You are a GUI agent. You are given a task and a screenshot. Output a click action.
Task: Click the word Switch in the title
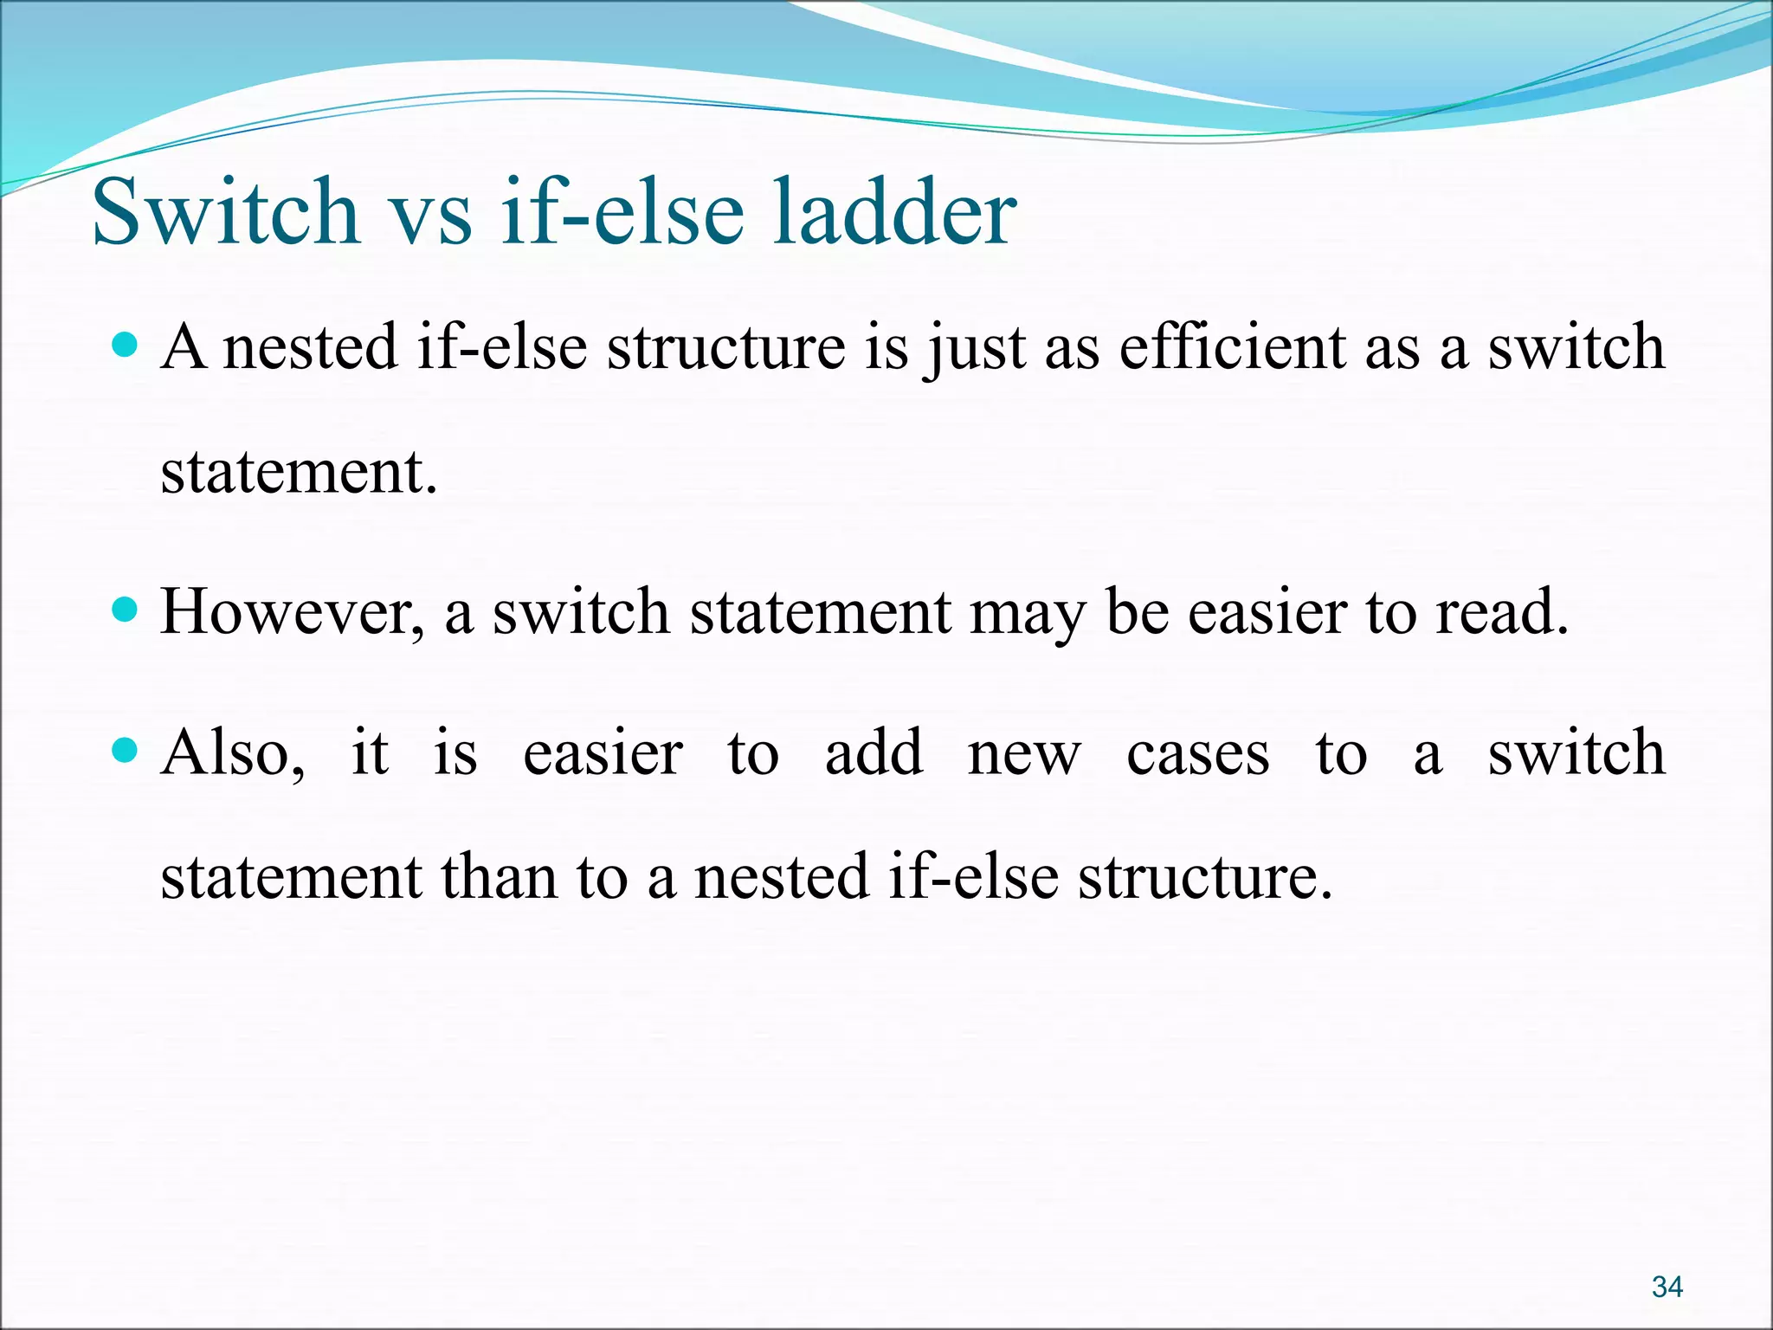[x=225, y=212]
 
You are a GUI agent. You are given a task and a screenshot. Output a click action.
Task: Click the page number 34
[x=1667, y=1287]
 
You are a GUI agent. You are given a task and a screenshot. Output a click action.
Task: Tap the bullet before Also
[x=126, y=750]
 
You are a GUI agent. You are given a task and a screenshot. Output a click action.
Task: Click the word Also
[x=232, y=752]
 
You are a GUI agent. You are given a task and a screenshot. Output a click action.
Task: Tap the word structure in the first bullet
[x=725, y=347]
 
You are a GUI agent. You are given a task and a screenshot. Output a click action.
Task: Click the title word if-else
[x=622, y=212]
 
